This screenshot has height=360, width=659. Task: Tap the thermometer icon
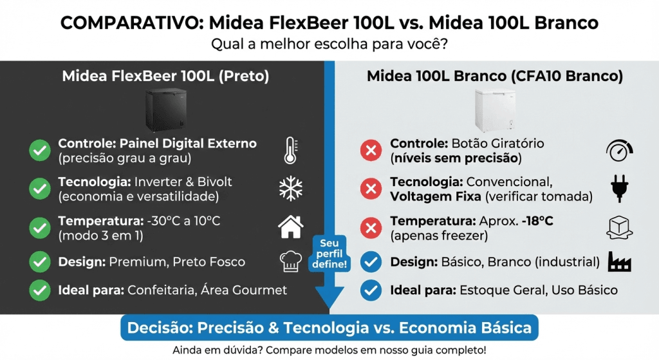point(290,151)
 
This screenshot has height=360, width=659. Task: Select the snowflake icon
point(290,188)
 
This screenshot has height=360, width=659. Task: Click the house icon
point(290,227)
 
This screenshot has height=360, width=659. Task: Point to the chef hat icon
point(290,262)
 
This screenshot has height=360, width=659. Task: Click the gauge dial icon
point(620,151)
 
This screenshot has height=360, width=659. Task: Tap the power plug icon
point(620,188)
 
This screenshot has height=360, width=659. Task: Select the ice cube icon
point(620,227)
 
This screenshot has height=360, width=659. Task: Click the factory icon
point(620,262)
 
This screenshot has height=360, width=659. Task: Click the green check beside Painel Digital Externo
point(40,151)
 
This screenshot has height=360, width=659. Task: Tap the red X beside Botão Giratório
point(371,151)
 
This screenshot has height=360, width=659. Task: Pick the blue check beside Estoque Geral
point(371,290)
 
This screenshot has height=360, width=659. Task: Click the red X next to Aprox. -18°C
point(371,227)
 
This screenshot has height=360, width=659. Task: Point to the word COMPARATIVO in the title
point(129,24)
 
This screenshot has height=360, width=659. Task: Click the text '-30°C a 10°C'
point(183,222)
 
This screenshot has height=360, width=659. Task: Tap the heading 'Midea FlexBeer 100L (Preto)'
point(165,76)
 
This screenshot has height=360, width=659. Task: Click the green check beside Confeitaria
point(40,290)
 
